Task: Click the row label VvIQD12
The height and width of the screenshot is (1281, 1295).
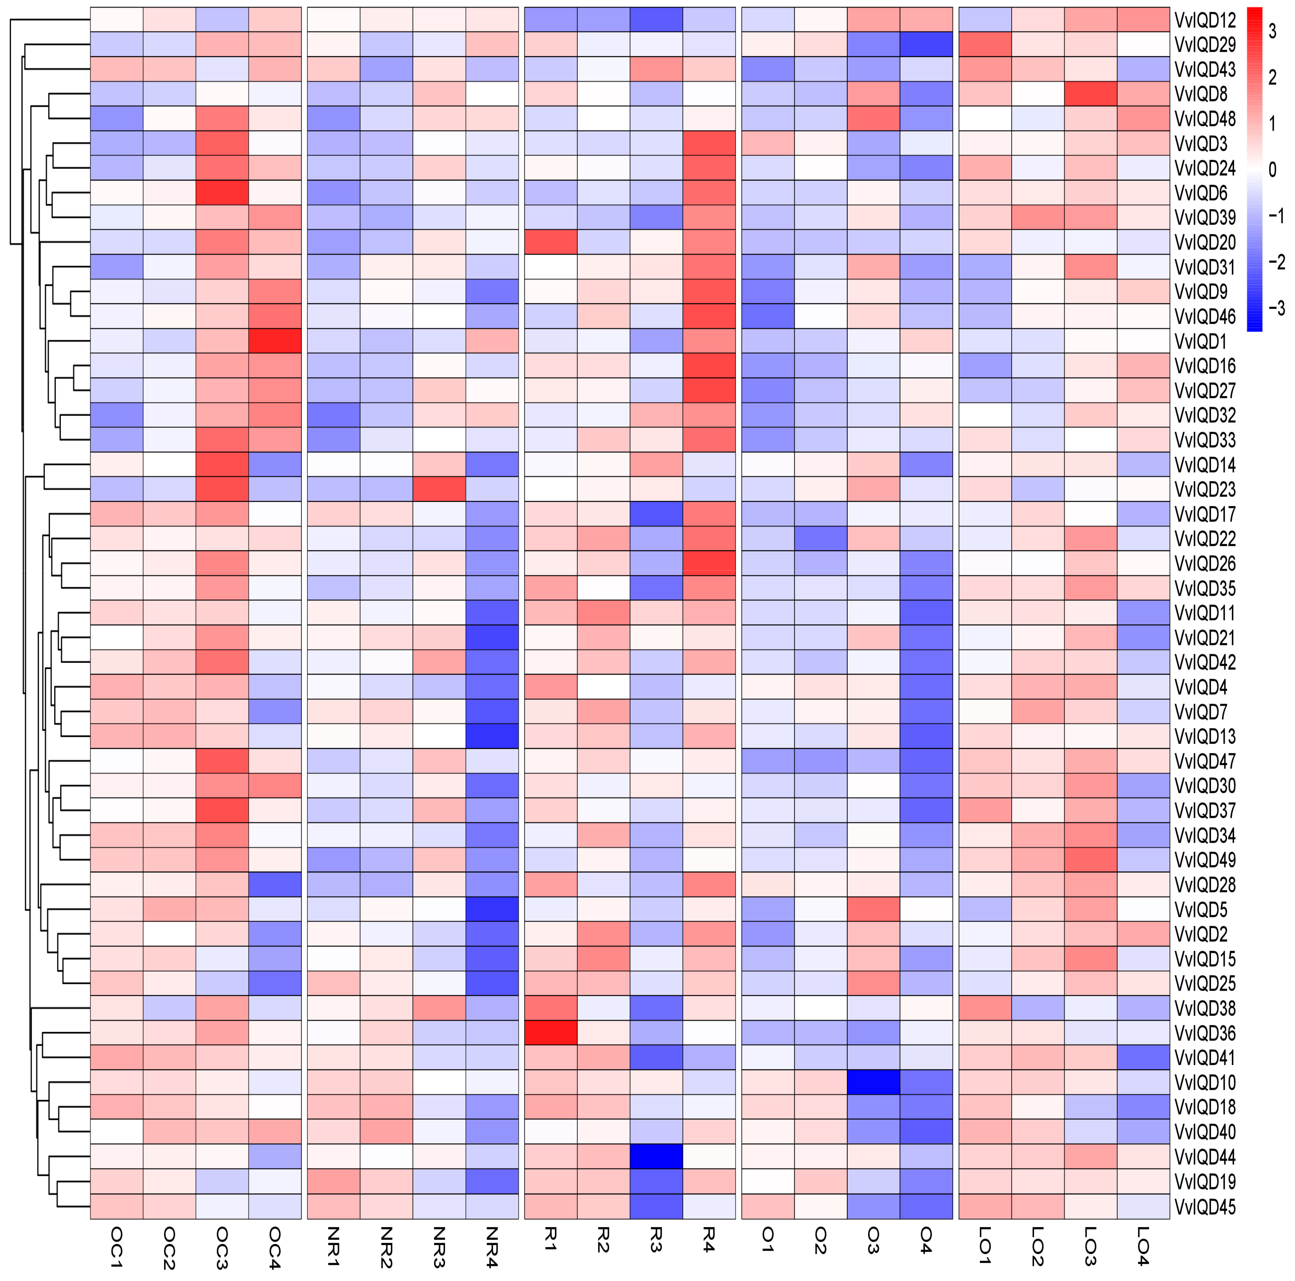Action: (1204, 21)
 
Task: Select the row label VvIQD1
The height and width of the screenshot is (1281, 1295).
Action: (1200, 342)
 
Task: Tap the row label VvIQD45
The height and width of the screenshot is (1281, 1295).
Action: (1204, 1206)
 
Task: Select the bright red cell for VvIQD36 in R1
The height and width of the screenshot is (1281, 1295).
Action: (550, 1033)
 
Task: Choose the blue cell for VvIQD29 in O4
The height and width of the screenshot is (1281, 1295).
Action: (926, 45)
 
